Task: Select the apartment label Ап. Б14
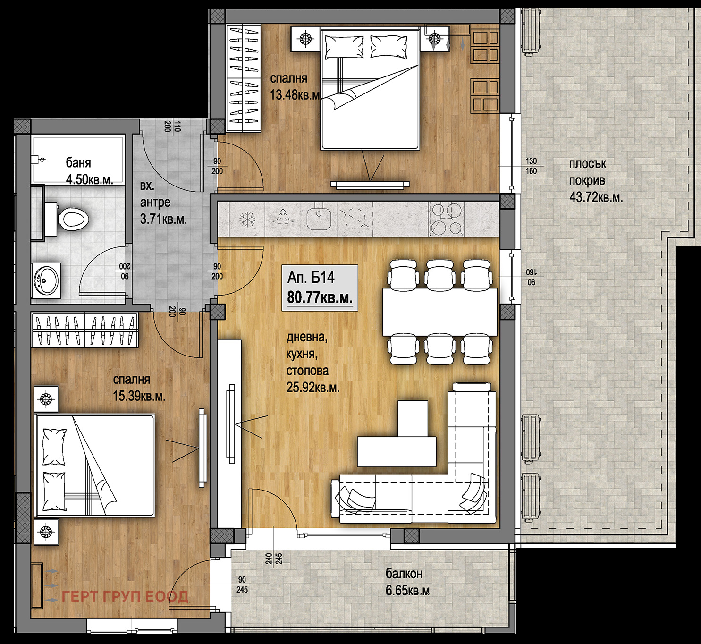[311, 277]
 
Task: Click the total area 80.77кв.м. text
[320, 298]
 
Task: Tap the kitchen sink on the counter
[318, 220]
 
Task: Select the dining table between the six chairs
[440, 311]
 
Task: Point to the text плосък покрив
[587, 172]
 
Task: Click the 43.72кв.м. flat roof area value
[596, 197]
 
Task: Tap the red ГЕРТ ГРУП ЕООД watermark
[125, 597]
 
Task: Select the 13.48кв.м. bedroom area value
[296, 95]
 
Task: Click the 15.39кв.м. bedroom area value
[139, 397]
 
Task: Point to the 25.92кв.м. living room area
[313, 387]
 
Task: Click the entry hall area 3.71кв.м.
[163, 220]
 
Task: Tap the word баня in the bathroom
[78, 163]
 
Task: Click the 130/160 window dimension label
[531, 166]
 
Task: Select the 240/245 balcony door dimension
[273, 559]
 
